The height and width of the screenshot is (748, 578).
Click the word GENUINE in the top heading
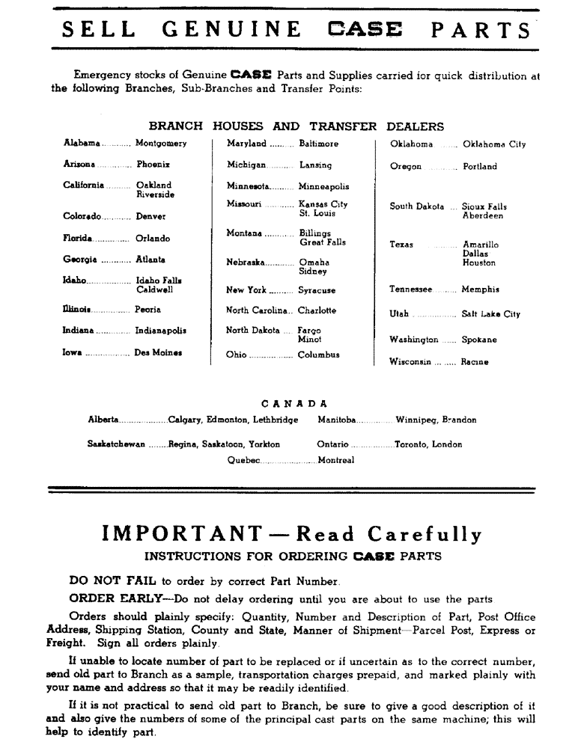coord(233,29)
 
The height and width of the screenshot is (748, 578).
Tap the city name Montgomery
coord(161,143)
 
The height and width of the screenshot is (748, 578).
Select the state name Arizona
coord(79,164)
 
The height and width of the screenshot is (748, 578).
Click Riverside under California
coord(155,194)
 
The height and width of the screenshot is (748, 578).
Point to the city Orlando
coord(153,239)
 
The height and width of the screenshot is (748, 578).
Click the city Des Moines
coord(158,352)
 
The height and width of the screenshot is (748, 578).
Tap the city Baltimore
coord(318,143)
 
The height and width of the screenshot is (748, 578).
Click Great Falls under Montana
coord(323,242)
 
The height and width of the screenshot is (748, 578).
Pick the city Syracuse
coord(317,289)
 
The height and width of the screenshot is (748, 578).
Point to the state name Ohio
coord(236,355)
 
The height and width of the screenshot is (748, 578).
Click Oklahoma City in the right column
coord(494,144)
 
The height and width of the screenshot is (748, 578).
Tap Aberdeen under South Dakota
coord(483,215)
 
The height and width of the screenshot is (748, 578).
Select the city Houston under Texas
coord(479,263)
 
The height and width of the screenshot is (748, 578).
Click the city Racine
coord(475,362)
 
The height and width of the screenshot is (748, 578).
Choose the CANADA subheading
coord(289,403)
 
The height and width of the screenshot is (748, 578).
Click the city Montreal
coord(336,460)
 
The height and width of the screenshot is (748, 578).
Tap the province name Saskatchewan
coord(116,444)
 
